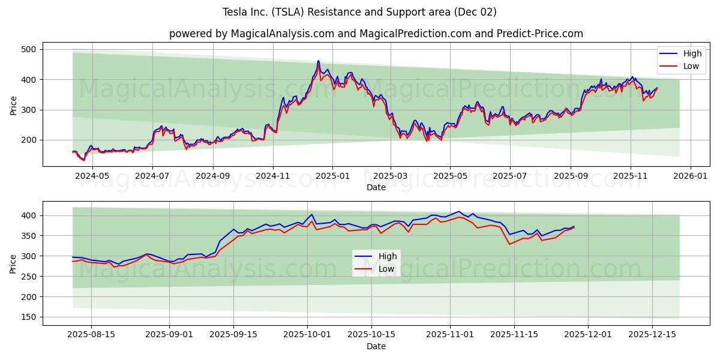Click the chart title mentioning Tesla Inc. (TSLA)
click(x=359, y=12)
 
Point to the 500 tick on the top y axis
click(x=28, y=49)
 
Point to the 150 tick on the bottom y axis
click(x=28, y=317)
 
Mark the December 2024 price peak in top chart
click(x=318, y=61)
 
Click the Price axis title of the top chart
click(x=13, y=104)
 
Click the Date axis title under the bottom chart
click(x=376, y=346)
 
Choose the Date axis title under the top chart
click(x=376, y=187)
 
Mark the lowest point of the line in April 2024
click(x=83, y=160)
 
